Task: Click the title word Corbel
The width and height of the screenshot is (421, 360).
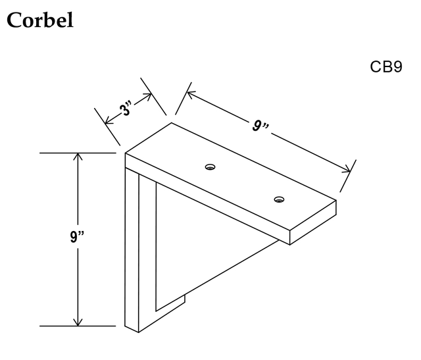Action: pos(40,20)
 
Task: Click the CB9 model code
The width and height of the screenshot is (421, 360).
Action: pos(386,66)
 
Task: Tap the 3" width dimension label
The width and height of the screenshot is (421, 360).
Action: pos(126,109)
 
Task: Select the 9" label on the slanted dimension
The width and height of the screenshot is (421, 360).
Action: pos(260,126)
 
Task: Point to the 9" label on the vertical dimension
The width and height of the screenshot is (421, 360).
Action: pos(77,237)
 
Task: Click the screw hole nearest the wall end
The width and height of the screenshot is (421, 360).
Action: pos(210,167)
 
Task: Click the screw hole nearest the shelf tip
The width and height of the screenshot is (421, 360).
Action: pos(279,199)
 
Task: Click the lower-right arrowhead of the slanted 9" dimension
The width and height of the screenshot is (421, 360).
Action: pos(347,169)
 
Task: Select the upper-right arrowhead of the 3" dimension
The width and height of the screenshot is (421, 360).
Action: pos(148,96)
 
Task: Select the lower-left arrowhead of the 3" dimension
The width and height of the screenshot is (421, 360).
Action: pos(108,121)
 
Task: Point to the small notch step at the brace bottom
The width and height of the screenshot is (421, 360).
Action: pos(184,299)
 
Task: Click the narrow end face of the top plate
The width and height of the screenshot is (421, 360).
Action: pos(313,222)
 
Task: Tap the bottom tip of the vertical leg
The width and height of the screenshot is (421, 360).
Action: pos(138,332)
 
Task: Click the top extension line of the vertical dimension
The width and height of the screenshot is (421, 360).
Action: pos(78,153)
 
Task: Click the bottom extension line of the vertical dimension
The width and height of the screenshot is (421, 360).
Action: pos(78,326)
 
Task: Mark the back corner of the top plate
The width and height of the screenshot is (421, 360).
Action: pos(172,123)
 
